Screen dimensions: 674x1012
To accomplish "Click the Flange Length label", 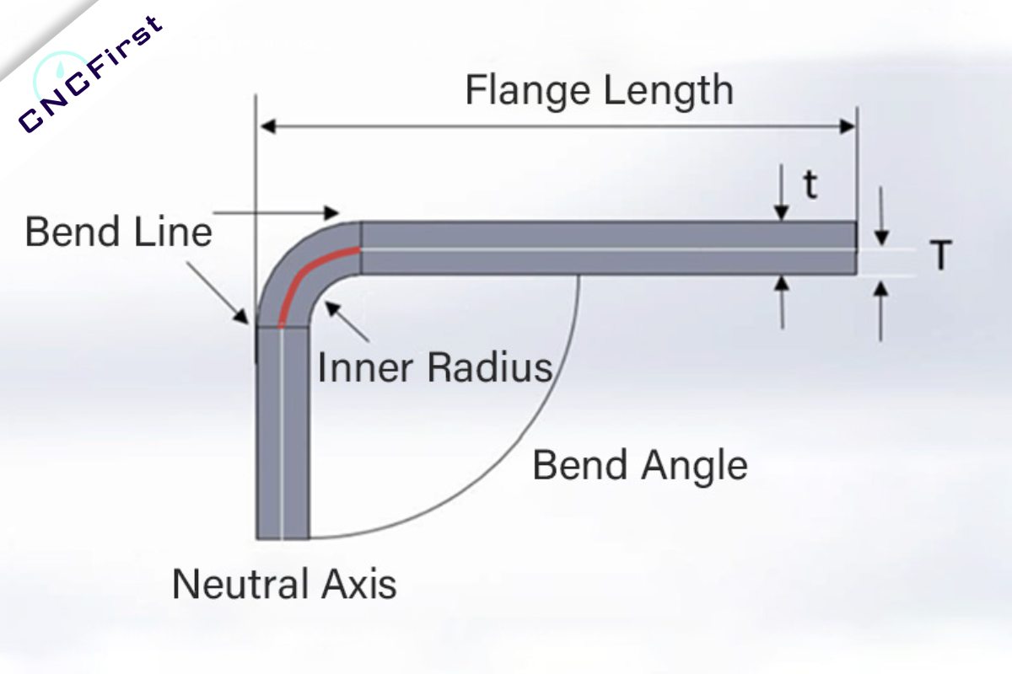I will coord(599,91).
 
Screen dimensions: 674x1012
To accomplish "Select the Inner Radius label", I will coord(434,367).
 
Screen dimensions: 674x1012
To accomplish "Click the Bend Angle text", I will coord(640,465).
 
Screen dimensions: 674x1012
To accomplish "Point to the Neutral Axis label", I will coord(284,583).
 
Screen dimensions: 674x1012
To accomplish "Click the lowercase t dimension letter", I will coord(810,186).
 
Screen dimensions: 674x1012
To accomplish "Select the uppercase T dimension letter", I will coord(942,256).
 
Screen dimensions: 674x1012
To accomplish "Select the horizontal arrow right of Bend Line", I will coord(278,212).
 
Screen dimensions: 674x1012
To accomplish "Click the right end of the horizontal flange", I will coord(853,249).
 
